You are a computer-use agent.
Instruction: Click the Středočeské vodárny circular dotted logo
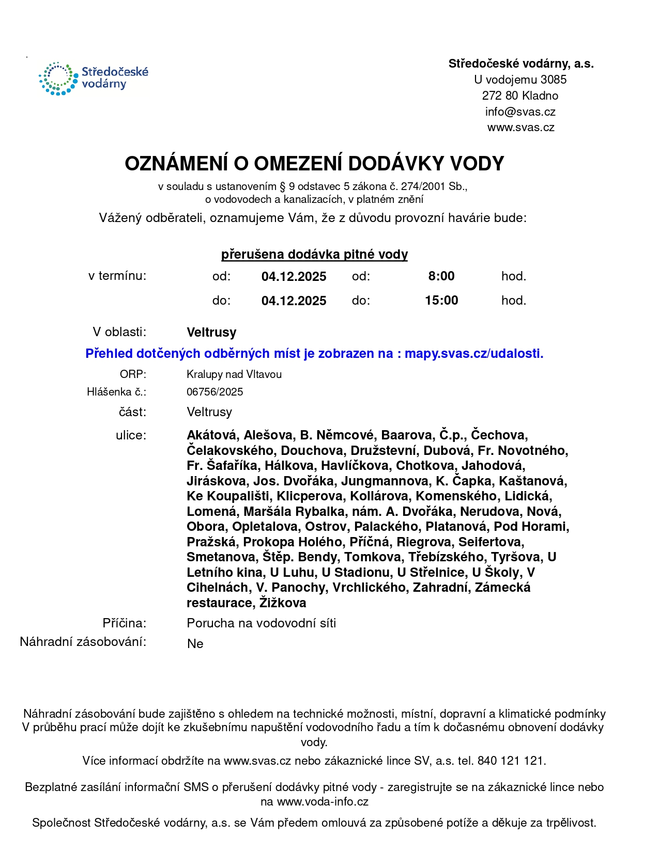pyautogui.click(x=57, y=79)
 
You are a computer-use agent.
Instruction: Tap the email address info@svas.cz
pyautogui.click(x=520, y=112)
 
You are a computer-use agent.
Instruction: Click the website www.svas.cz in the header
pyautogui.click(x=520, y=128)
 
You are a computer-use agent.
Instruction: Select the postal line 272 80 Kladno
pyautogui.click(x=520, y=96)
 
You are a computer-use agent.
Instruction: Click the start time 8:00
pyautogui.click(x=441, y=276)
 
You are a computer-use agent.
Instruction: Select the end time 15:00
pyautogui.click(x=441, y=301)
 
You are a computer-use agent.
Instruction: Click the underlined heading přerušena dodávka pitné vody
pyautogui.click(x=314, y=255)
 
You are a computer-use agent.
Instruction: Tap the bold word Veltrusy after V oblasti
pyautogui.click(x=211, y=333)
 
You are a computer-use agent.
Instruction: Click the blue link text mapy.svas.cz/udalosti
pyautogui.click(x=473, y=354)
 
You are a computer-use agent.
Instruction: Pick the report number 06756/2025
pyautogui.click(x=214, y=392)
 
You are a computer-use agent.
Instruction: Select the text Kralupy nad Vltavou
pyautogui.click(x=234, y=374)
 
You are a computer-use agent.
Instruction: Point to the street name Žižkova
pyautogui.click(x=283, y=603)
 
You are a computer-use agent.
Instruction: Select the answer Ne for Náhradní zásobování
pyautogui.click(x=195, y=644)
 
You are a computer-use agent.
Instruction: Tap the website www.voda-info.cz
pyautogui.click(x=323, y=802)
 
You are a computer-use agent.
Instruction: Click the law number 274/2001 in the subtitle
pyautogui.click(x=419, y=187)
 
